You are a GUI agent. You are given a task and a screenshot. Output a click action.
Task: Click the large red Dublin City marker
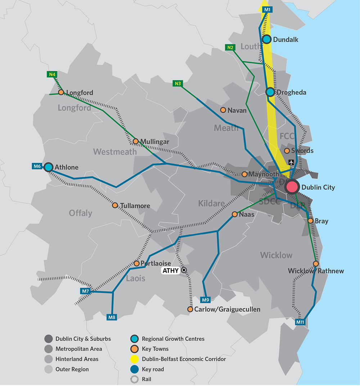292,187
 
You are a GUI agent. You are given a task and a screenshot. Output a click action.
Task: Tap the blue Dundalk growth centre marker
266,39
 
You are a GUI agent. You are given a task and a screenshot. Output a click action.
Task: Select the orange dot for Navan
223,110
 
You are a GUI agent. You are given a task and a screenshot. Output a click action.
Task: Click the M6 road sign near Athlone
37,166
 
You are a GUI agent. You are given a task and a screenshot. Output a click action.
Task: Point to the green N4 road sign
52,75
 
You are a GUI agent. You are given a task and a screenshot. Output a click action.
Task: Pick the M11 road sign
300,322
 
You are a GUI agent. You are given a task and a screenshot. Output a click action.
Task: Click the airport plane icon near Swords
291,162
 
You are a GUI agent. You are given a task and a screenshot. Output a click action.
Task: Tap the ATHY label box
171,271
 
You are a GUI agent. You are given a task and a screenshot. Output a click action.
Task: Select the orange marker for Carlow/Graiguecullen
190,309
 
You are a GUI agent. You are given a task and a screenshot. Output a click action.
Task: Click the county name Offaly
81,213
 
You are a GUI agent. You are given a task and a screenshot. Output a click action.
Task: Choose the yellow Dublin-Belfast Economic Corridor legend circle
134,359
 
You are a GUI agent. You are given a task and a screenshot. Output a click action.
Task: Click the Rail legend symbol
134,379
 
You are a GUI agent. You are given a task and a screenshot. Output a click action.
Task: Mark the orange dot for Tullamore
115,205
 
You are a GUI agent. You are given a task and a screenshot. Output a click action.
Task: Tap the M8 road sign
112,317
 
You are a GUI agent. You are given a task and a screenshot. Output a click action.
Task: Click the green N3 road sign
178,84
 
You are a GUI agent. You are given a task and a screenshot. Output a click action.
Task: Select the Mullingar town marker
136,142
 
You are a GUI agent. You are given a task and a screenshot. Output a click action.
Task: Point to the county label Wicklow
276,255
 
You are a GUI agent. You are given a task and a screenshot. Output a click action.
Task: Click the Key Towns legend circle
134,349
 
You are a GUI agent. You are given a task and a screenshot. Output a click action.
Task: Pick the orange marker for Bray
310,221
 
